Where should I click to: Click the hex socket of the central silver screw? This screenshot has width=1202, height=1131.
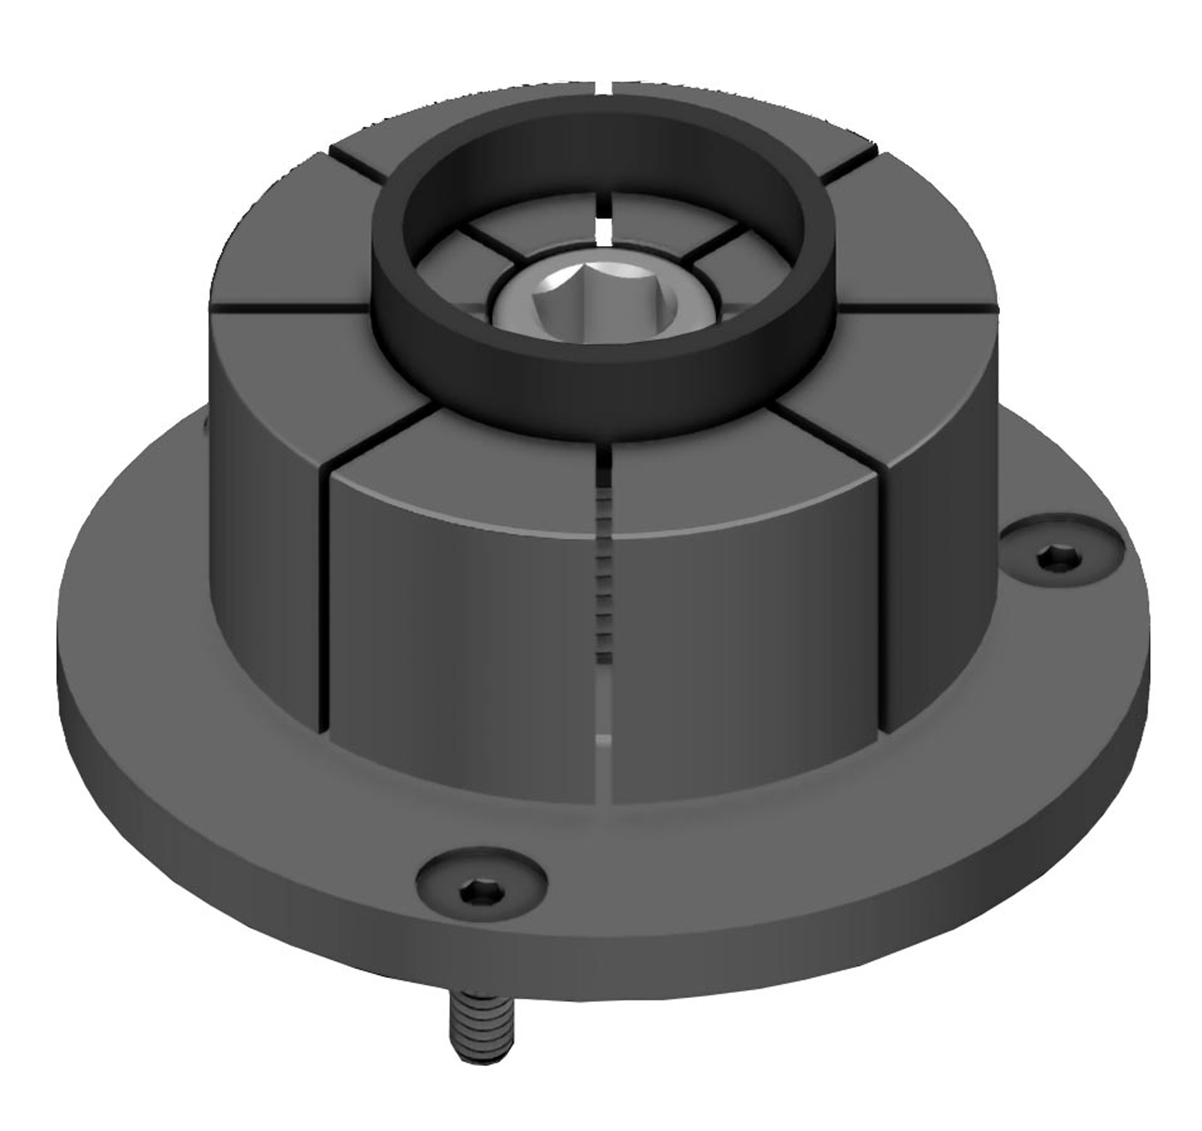click(603, 301)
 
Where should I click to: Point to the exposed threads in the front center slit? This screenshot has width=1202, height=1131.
click(605, 577)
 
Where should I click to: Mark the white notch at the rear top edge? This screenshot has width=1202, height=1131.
click(605, 86)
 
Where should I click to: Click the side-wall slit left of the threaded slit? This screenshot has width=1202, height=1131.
click(327, 609)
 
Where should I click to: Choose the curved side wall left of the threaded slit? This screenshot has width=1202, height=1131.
click(465, 641)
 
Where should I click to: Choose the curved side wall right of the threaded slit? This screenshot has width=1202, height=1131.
click(745, 641)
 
